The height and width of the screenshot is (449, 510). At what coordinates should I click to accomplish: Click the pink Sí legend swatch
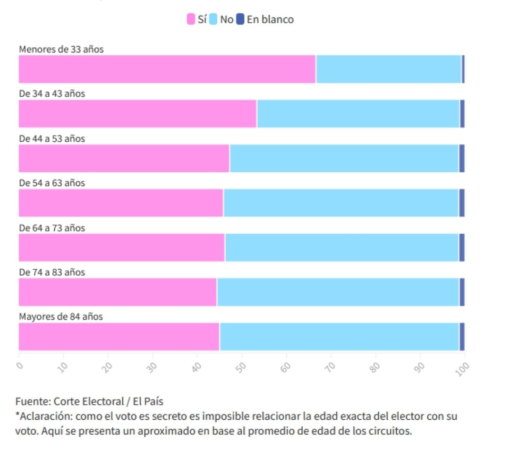coord(190,19)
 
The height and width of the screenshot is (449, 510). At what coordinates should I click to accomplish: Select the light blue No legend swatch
coord(212,19)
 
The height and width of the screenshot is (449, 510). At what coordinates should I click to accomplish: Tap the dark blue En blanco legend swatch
coord(240,19)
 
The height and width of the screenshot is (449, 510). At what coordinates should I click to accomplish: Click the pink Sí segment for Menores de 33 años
coord(167,69)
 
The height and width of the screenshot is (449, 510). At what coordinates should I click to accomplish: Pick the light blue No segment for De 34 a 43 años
coord(358,113)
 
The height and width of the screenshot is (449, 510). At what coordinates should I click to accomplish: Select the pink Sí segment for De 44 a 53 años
coord(124,158)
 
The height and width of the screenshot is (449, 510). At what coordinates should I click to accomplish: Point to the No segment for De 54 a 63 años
coord(340,203)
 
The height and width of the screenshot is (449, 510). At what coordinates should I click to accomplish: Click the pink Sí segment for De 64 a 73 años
coord(121,247)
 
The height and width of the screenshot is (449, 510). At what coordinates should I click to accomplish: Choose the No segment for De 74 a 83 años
coord(338,292)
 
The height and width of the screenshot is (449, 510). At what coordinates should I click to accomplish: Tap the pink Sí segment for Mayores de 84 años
coord(119,337)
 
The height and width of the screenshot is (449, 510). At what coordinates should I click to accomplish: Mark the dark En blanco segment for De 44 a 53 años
coord(462,158)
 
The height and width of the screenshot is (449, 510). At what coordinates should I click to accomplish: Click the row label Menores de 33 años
coord(61,49)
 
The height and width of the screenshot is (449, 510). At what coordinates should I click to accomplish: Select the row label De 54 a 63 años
coord(52,183)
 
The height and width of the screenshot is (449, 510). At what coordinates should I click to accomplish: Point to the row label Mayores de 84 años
coord(61,316)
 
